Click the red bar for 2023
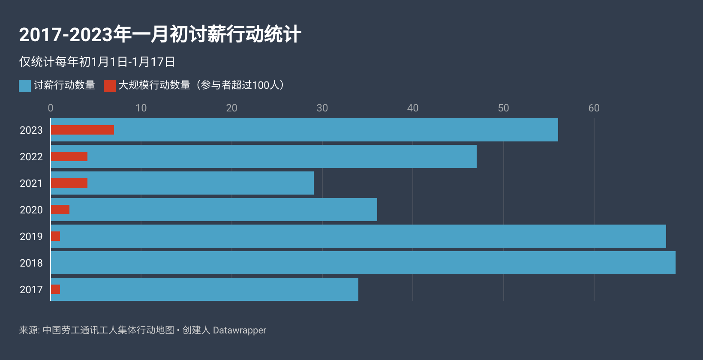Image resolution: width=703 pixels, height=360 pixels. click(x=82, y=130)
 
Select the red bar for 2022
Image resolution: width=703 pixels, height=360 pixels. click(x=69, y=156)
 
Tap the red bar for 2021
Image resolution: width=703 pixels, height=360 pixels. click(x=69, y=183)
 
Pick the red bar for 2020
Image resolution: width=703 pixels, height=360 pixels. click(x=60, y=210)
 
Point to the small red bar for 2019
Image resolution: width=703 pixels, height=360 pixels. click(x=56, y=236)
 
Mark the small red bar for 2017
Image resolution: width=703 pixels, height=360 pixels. click(x=56, y=289)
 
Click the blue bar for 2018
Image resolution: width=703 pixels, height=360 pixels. click(x=363, y=263)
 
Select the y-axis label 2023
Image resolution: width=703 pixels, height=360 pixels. click(x=31, y=130)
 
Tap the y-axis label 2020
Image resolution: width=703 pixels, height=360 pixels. click(x=31, y=210)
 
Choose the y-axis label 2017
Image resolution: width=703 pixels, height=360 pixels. click(x=31, y=290)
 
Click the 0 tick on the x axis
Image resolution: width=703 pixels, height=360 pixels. click(x=51, y=108)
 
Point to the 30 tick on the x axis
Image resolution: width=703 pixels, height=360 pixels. click(x=322, y=108)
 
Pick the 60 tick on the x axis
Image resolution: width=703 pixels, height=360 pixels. click(x=594, y=108)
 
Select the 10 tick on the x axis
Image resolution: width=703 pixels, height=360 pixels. click(x=141, y=108)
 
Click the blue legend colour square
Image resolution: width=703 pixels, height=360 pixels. click(x=25, y=86)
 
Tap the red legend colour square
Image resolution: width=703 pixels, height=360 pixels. click(x=110, y=86)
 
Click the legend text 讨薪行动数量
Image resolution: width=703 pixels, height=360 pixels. click(x=64, y=85)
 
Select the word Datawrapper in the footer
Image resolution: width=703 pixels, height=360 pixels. click(x=240, y=330)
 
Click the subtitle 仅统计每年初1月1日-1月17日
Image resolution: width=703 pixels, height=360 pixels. click(x=97, y=62)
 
